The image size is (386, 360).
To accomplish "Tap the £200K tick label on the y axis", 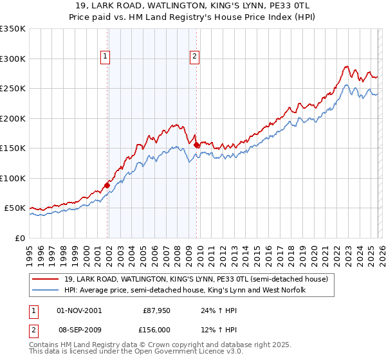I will (x=13, y=118).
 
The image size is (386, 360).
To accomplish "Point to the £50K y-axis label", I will (x=15, y=208).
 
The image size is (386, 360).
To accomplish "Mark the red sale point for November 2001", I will (x=107, y=185).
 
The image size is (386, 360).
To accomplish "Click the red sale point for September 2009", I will (x=196, y=145).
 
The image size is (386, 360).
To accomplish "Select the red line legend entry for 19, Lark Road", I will (x=192, y=279).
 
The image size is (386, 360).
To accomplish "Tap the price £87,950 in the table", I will (x=156, y=310).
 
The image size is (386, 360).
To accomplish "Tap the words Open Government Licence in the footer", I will (x=176, y=352).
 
